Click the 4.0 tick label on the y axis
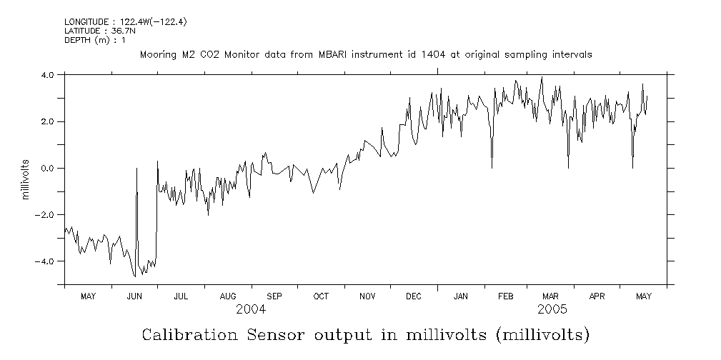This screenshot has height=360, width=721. click(x=48, y=75)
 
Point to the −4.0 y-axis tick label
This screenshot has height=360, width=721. click(x=46, y=261)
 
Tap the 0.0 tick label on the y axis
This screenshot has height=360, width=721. click(x=48, y=169)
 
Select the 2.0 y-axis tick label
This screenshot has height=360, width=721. click(x=48, y=122)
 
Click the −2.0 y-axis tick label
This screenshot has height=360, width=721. click(x=46, y=215)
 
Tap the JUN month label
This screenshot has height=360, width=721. click(x=134, y=296)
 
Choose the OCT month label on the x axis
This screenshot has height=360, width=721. click(x=321, y=296)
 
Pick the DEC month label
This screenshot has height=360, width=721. click(x=414, y=296)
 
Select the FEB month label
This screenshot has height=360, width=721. click(x=506, y=296)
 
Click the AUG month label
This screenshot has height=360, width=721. click(x=228, y=296)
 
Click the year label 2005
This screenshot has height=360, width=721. click(x=552, y=310)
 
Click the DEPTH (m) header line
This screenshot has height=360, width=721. click(x=95, y=40)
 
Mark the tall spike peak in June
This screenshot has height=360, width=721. click(x=136, y=169)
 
